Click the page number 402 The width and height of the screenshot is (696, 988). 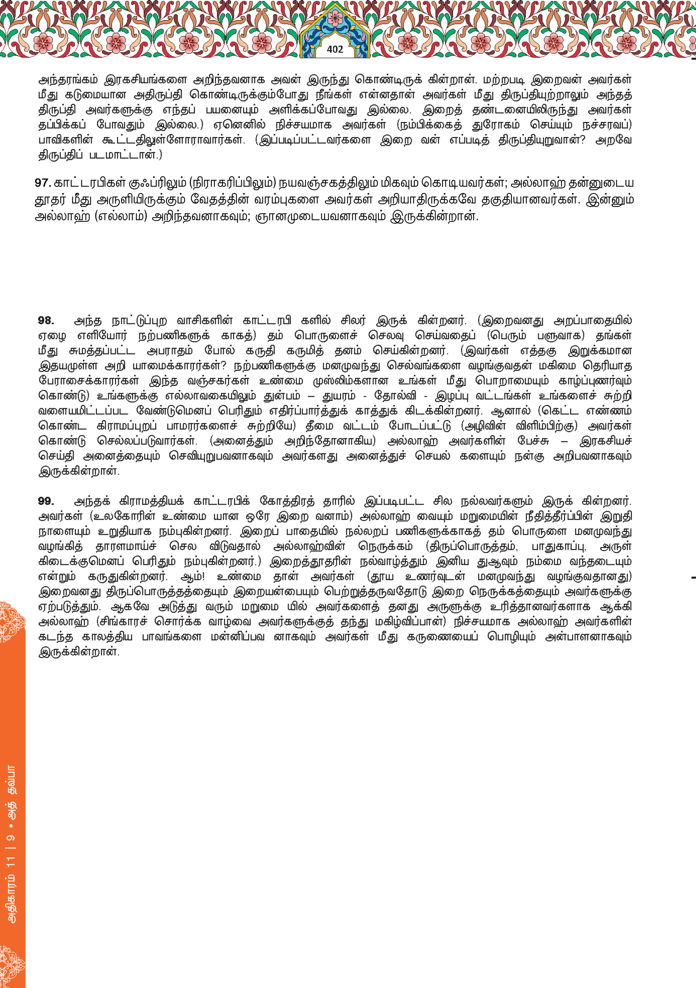pos(334,49)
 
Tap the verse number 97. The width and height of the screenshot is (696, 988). pos(42,183)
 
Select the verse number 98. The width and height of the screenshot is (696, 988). pos(46,321)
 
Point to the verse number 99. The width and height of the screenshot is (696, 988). pos(46,501)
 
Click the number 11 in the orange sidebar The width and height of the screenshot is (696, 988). pos(12,861)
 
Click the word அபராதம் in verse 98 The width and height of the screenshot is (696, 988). pos(170,351)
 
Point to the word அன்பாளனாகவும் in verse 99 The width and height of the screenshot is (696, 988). pos(588,637)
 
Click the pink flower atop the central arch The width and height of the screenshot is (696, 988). pos(334,18)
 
